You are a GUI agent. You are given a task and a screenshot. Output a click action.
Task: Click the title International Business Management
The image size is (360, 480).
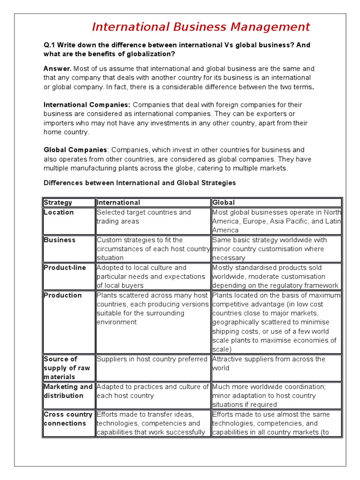(x=201, y=27)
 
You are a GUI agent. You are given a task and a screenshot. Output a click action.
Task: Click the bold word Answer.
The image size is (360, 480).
(x=58, y=69)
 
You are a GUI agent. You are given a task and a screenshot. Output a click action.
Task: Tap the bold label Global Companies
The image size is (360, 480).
(x=75, y=150)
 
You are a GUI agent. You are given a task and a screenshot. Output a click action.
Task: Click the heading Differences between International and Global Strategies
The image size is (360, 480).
(x=140, y=183)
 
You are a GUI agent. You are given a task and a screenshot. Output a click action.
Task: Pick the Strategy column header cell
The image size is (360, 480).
(x=58, y=202)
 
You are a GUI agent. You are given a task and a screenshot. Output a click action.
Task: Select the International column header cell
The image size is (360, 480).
(x=118, y=202)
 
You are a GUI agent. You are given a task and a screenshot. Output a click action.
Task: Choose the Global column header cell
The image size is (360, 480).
(x=224, y=202)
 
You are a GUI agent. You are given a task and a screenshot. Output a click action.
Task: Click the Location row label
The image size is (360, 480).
(x=59, y=212)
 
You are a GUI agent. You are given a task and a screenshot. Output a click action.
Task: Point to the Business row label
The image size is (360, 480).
(x=60, y=240)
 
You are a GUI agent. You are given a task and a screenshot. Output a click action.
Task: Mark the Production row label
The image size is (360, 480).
(x=62, y=295)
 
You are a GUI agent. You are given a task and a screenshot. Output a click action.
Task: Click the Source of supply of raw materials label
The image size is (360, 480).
(x=60, y=368)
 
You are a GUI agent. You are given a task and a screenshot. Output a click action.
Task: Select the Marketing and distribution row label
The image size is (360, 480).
(x=68, y=391)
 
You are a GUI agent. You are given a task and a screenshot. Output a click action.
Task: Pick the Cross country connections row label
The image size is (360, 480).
(x=68, y=419)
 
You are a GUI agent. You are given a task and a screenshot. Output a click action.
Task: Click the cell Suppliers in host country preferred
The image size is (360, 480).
(x=152, y=359)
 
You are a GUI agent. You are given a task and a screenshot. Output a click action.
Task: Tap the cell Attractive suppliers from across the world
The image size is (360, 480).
(x=269, y=363)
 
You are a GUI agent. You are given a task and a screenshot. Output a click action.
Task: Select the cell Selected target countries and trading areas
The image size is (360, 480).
(x=143, y=217)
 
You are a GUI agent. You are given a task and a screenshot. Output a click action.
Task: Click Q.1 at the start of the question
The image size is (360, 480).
(x=49, y=45)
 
